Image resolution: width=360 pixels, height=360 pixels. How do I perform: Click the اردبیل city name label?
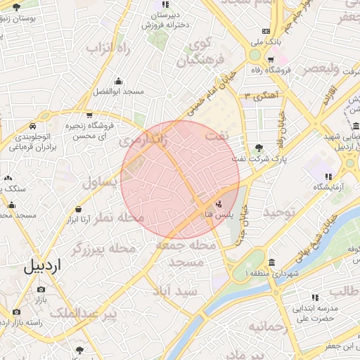click(x=43, y=266)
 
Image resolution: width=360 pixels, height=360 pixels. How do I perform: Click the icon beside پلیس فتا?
click(x=218, y=205)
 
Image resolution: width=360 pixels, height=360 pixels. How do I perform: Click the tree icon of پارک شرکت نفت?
click(x=260, y=147)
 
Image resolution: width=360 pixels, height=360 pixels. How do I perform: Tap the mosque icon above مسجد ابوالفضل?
click(x=118, y=80)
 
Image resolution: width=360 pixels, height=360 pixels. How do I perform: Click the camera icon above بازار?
click(x=41, y=289)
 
